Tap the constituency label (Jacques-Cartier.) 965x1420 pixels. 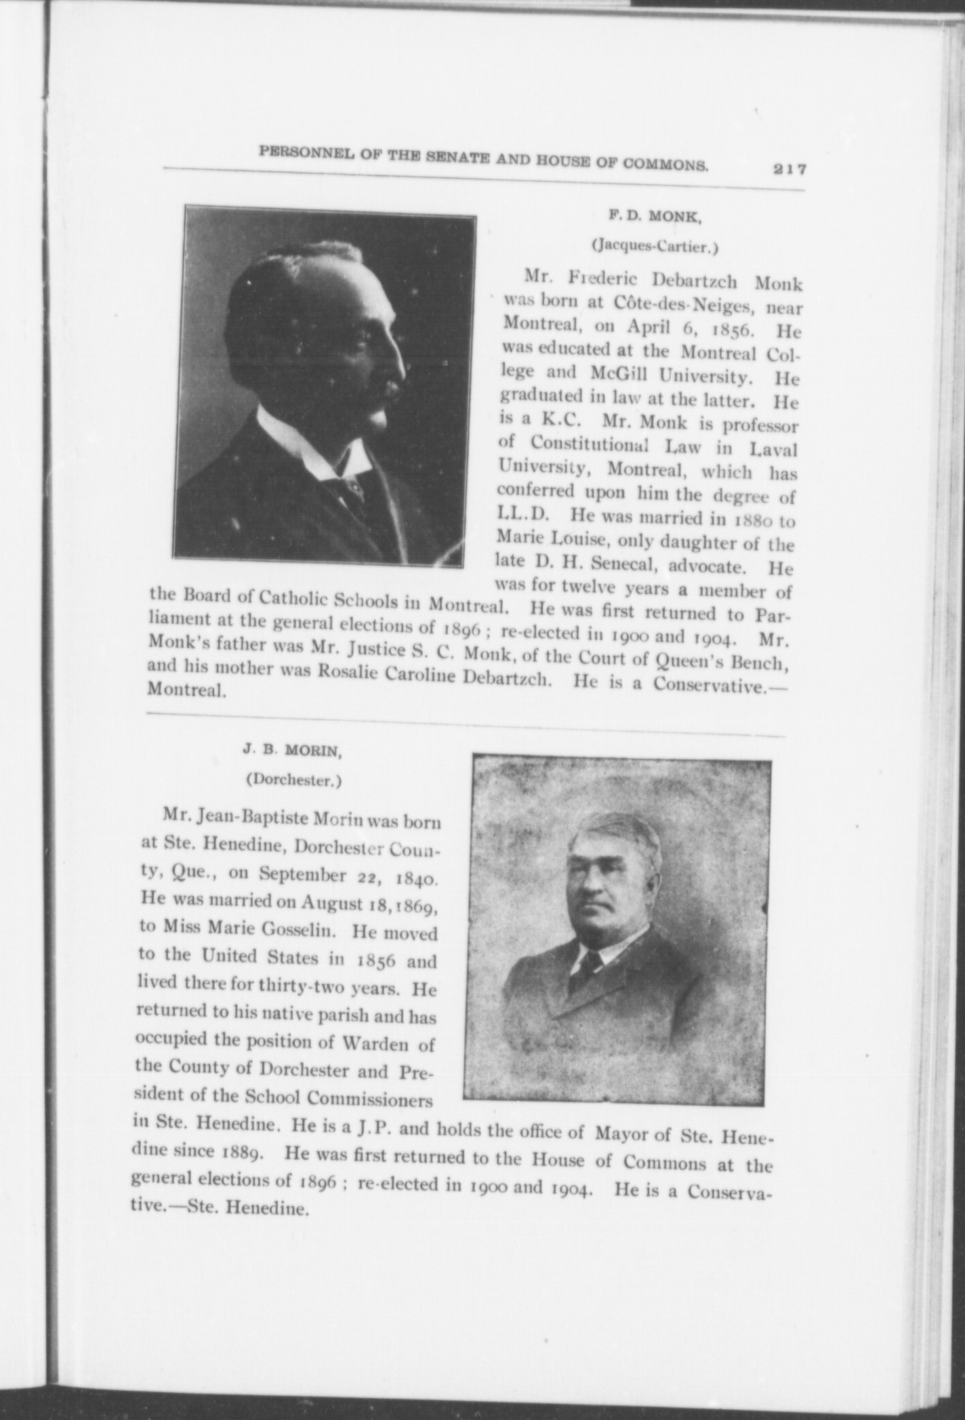click(x=655, y=247)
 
